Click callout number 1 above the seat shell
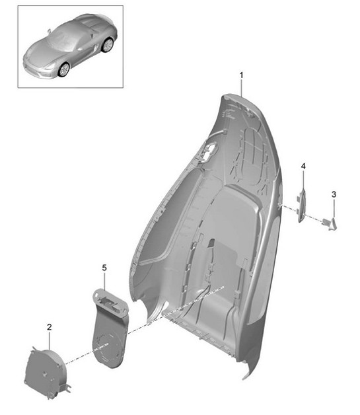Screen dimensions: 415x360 pyautogui.click(x=242, y=75)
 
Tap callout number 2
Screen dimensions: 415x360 pyautogui.click(x=49, y=326)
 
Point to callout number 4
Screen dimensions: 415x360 pyautogui.click(x=303, y=166)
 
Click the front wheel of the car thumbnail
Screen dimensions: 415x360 pyautogui.click(x=63, y=68)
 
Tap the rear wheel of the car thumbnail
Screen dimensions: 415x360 pyautogui.click(x=106, y=46)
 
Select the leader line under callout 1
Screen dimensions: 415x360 pyautogui.click(x=242, y=88)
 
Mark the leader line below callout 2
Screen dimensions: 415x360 pyautogui.click(x=49, y=341)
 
